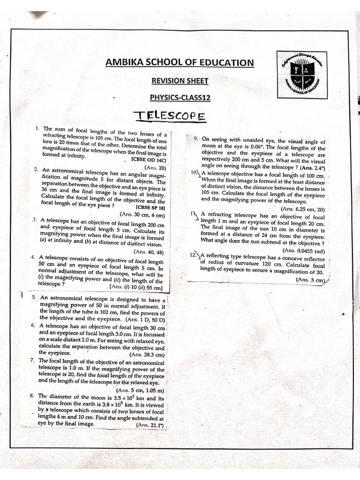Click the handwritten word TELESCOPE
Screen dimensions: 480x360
169,115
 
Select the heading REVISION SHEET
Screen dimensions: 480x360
180,81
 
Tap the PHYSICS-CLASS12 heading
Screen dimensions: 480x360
180,97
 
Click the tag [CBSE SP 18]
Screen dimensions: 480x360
150,207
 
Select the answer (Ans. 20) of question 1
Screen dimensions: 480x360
156,167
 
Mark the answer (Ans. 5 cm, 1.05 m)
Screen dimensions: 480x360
140,390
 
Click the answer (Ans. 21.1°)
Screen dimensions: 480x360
149,424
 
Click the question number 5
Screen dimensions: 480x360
34,297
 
